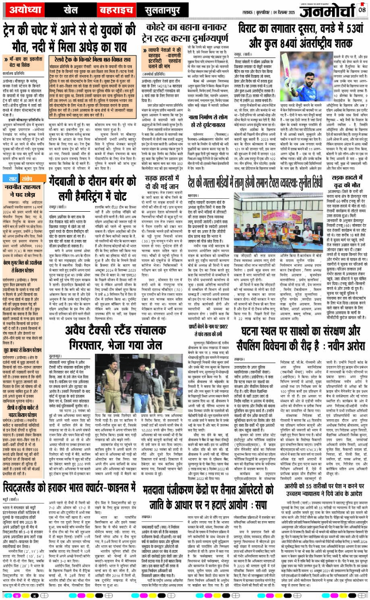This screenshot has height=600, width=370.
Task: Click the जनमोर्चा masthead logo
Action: point(329,10)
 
